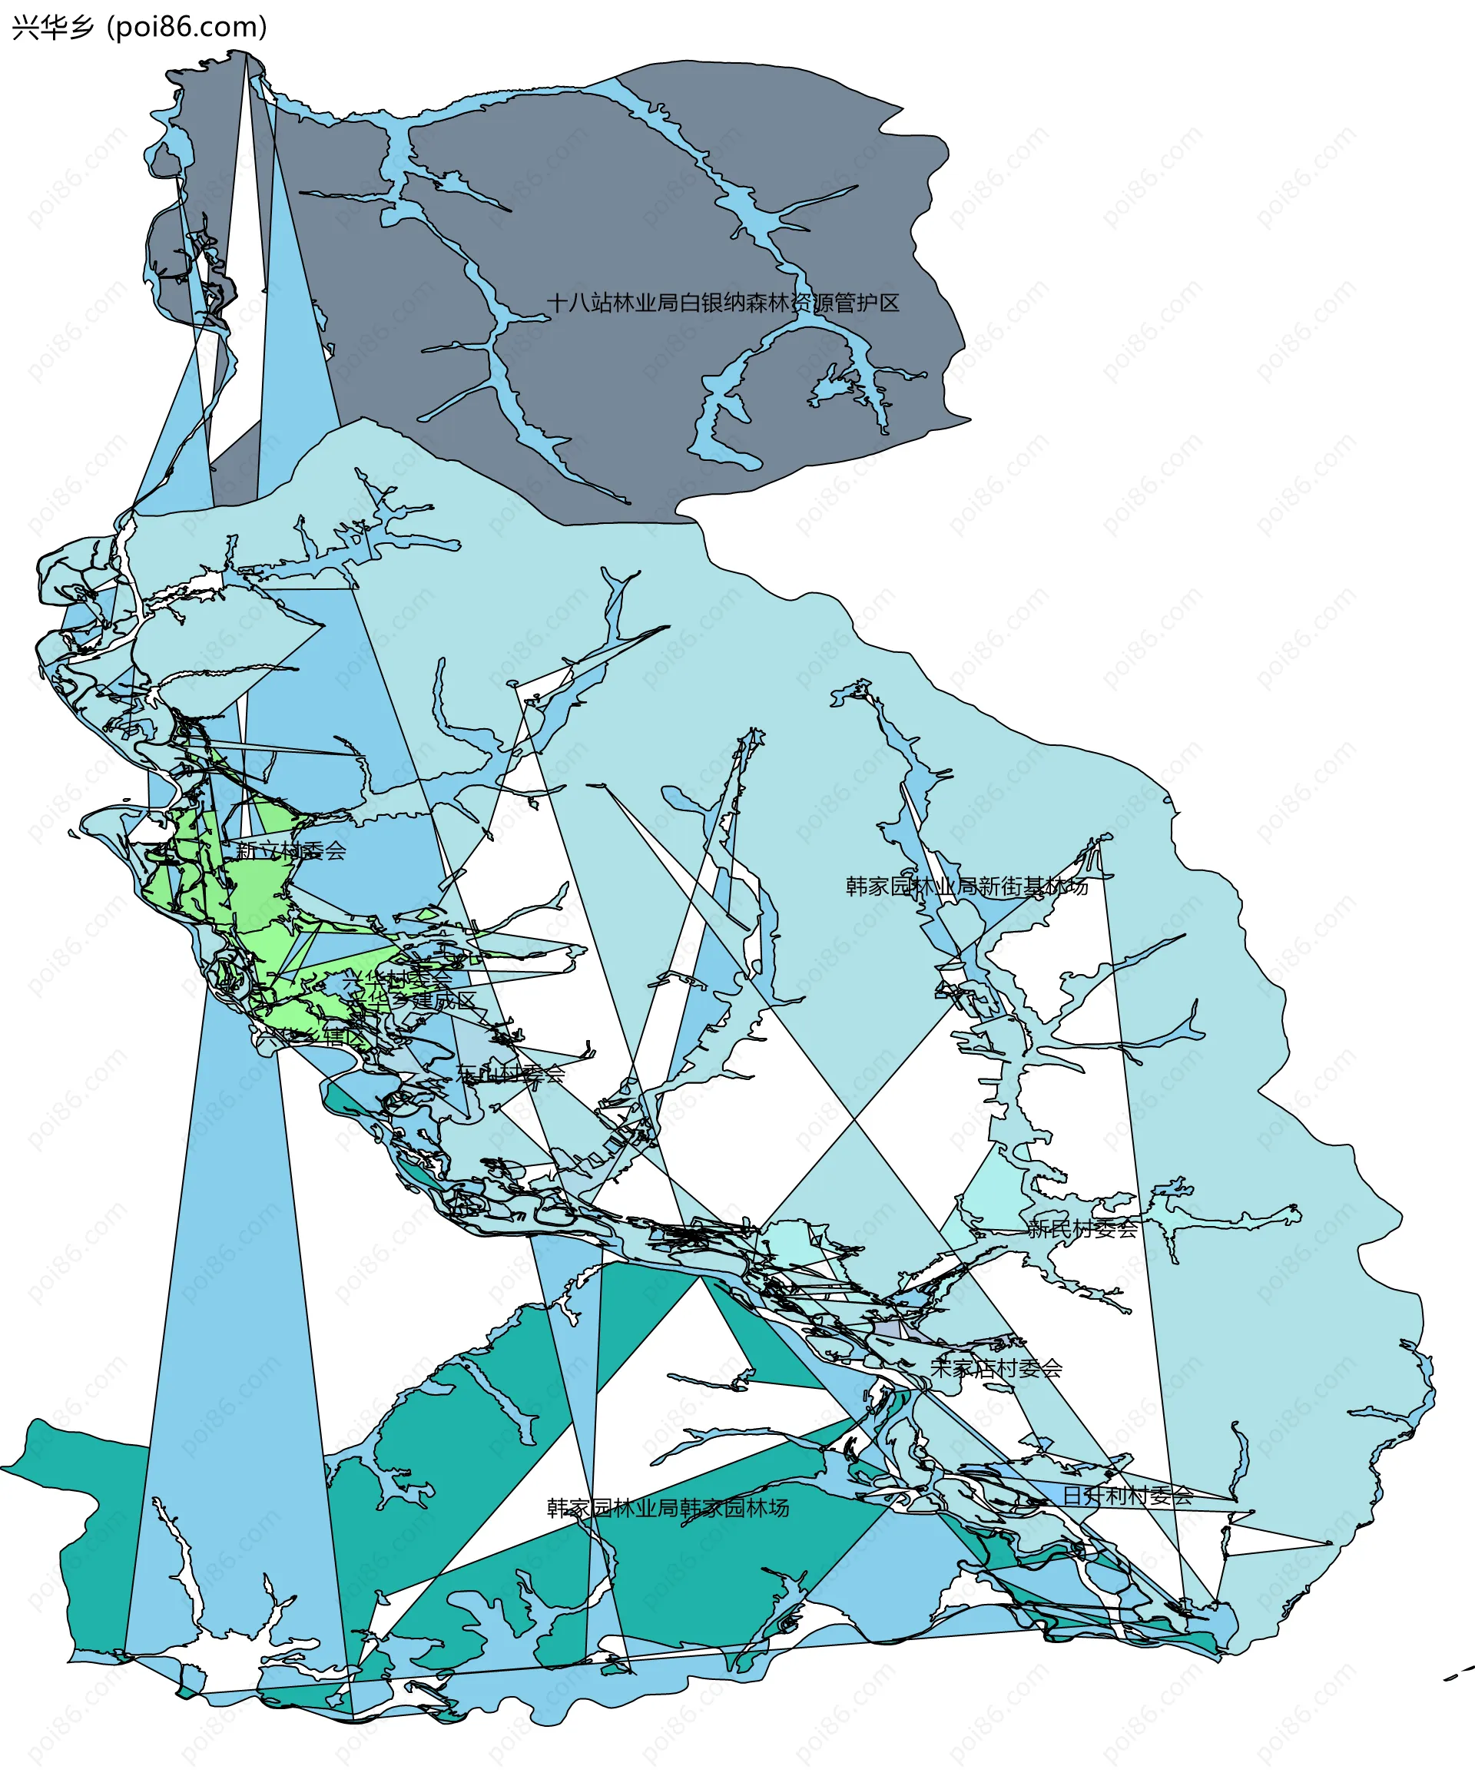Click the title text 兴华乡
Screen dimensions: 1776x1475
point(52,28)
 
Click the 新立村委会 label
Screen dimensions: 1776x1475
point(291,851)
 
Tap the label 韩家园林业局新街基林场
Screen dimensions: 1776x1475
point(966,886)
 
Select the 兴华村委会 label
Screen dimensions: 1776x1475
point(396,979)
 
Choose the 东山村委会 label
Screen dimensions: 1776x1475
point(510,1074)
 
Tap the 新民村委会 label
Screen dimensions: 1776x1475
point(1082,1229)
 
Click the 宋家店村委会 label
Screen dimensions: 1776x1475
point(996,1368)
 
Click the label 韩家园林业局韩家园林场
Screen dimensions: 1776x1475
point(668,1508)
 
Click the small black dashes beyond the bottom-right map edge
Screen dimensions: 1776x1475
point(1457,1674)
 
